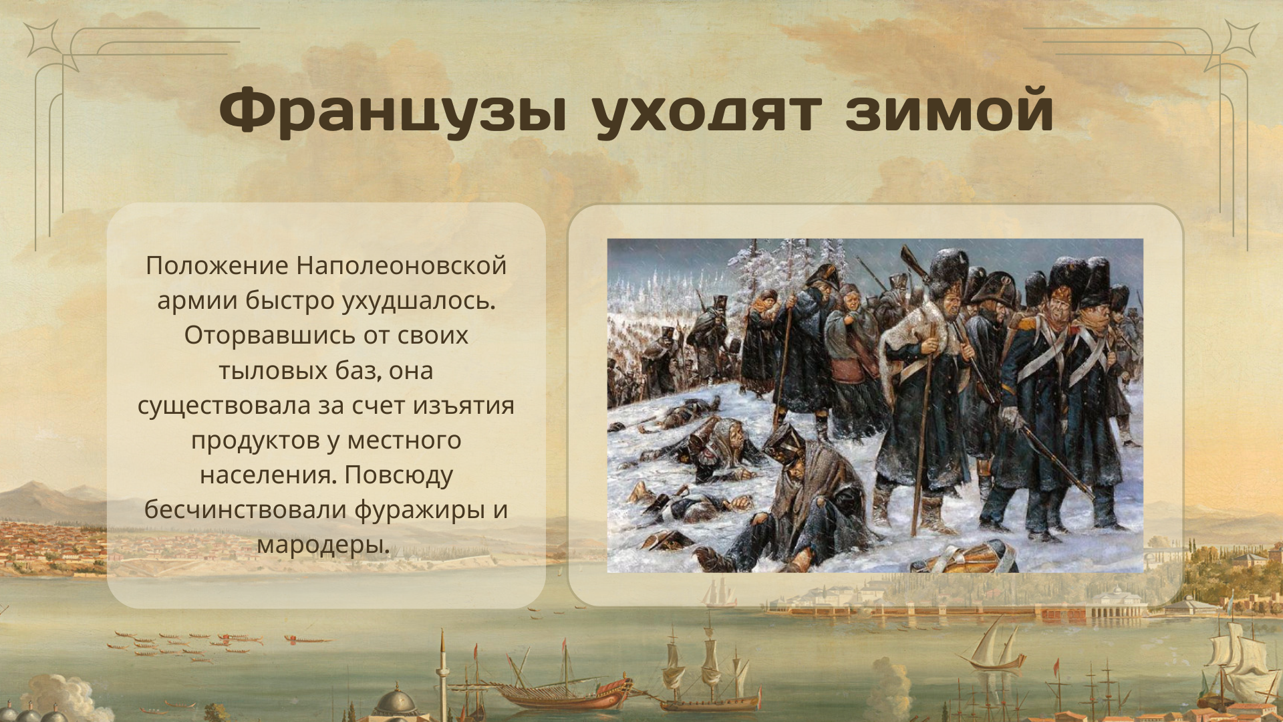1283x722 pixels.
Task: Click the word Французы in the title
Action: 393,111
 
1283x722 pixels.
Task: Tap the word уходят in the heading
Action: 706,111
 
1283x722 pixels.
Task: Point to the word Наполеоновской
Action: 402,265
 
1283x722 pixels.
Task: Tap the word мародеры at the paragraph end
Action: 323,545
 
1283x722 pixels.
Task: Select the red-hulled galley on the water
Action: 561,693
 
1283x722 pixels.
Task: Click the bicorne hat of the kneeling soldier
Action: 785,441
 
